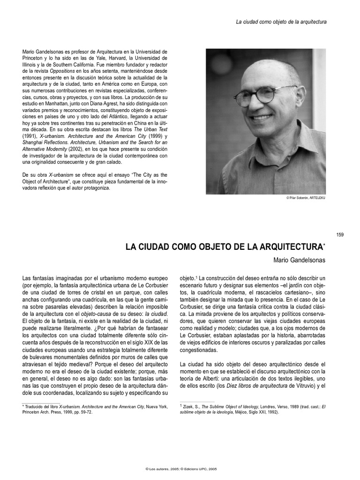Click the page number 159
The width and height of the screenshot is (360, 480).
click(340, 234)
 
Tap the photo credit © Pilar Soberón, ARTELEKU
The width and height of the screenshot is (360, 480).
click(305, 198)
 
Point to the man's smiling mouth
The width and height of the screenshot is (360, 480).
click(261, 117)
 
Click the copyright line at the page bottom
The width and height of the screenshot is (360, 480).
click(180, 469)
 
